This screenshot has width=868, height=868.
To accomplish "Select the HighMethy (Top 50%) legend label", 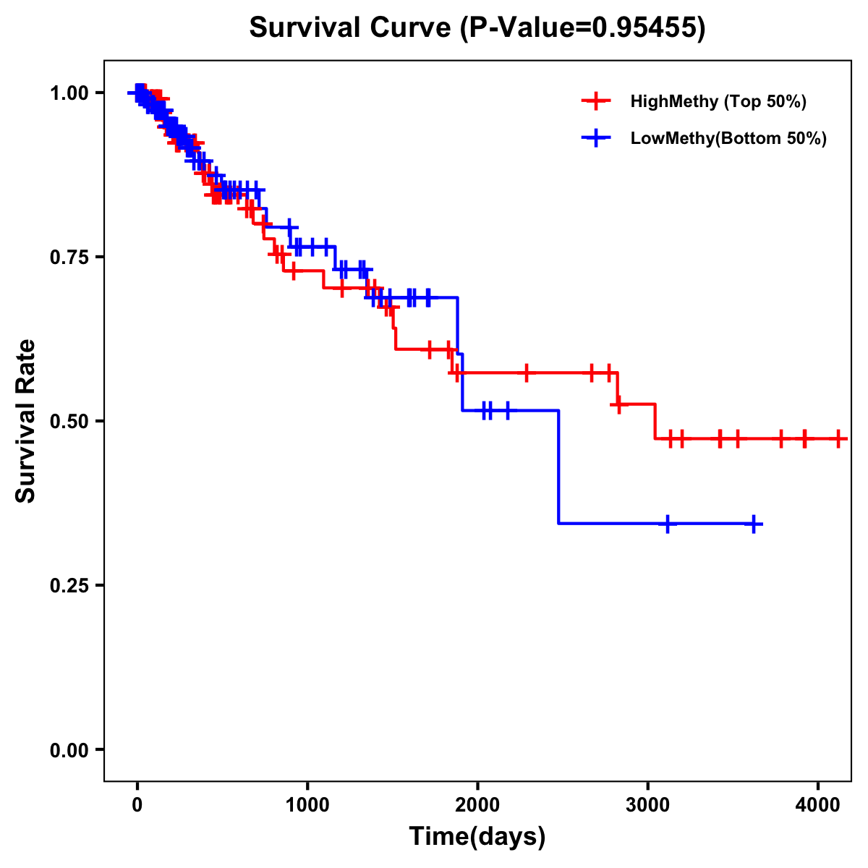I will click(x=718, y=101).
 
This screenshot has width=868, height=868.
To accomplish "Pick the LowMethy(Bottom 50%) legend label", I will click(x=728, y=138).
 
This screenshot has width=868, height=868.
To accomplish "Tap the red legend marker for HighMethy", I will click(x=595, y=101).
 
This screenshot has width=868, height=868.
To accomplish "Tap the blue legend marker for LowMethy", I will click(x=595, y=138).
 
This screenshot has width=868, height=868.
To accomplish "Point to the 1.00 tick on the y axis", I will click(x=68, y=93).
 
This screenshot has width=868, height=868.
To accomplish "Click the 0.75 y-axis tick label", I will click(x=68, y=258).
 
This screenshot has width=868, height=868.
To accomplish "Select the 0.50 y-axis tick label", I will click(x=68, y=422).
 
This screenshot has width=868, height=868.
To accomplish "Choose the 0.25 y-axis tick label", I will click(x=68, y=586).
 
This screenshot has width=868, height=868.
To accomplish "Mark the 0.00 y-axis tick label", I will click(x=68, y=750).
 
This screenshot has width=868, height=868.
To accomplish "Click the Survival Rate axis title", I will click(x=26, y=421).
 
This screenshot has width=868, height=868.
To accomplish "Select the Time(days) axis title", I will click(x=477, y=837).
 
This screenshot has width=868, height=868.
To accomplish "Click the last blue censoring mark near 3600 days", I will click(x=754, y=524).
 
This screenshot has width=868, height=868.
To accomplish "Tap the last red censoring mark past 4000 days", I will click(x=838, y=438).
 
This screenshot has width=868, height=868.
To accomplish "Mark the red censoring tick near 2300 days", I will click(x=527, y=373).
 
